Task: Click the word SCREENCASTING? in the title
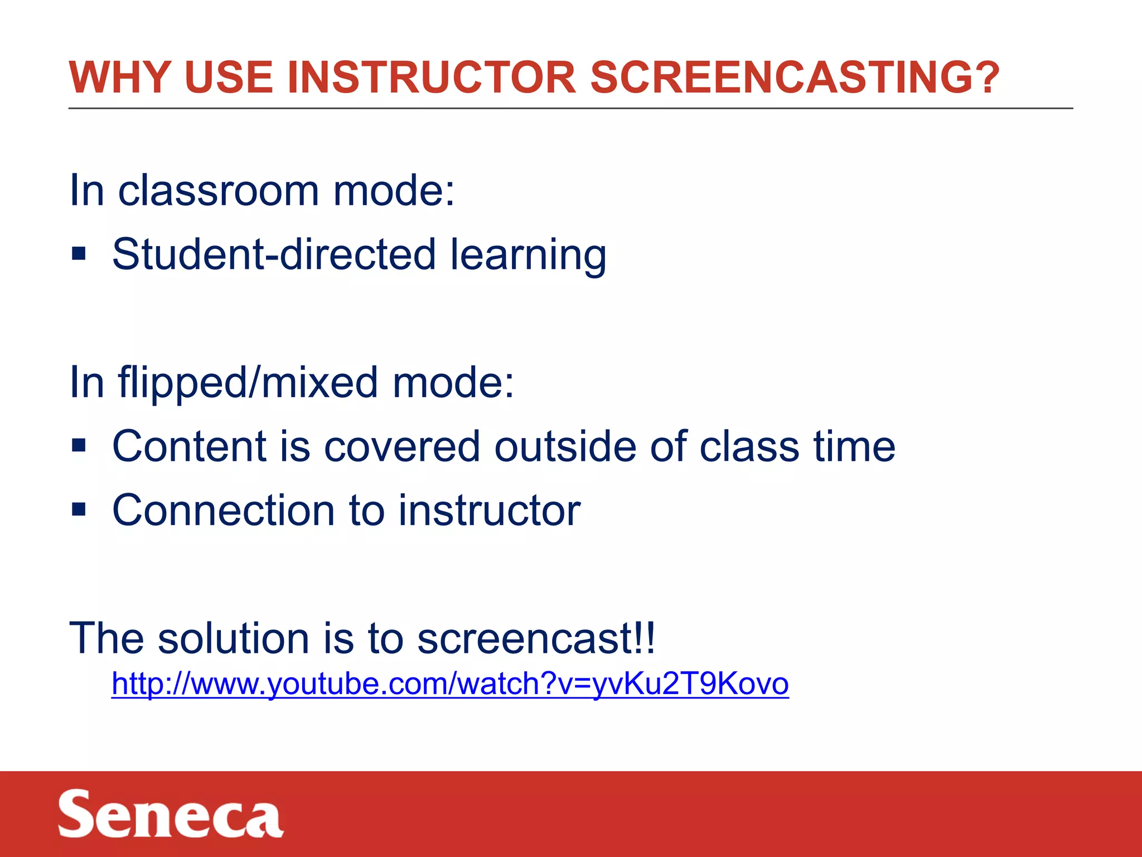coord(795,78)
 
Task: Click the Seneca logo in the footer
coord(171,814)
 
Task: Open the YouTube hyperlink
coord(450,683)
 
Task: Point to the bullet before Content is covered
coord(79,446)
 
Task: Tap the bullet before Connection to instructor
coord(79,509)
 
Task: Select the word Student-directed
coord(274,254)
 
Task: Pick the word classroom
coord(218,191)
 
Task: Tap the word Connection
coord(224,511)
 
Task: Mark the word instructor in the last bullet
coord(489,511)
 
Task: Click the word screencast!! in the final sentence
coord(536,638)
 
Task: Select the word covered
coord(402,446)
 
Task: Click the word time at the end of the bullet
coord(854,446)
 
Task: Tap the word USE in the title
coord(228,78)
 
